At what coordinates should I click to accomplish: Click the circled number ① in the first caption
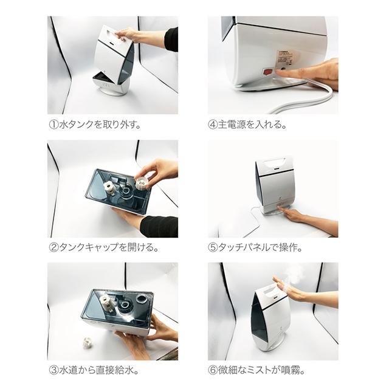(x=53, y=124)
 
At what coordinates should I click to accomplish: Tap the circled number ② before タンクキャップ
(x=53, y=247)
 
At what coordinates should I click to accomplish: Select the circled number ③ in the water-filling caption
(x=53, y=370)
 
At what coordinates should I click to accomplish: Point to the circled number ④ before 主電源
(x=212, y=124)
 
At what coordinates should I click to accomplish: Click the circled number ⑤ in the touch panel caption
(x=212, y=247)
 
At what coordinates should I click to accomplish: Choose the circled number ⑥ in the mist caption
(x=212, y=370)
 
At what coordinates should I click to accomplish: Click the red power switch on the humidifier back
(x=268, y=72)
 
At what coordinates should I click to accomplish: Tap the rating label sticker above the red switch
(x=286, y=58)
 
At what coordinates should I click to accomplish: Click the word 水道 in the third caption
(x=68, y=370)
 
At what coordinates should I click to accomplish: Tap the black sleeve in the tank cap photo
(x=159, y=226)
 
